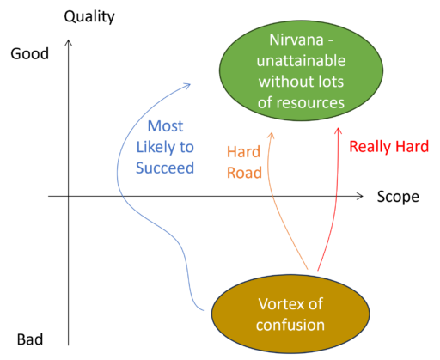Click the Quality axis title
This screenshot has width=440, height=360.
coord(89,17)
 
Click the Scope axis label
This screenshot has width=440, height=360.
coord(398,197)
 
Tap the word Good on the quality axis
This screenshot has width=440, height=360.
coord(29,53)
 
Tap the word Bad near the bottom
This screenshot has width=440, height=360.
coord(30,339)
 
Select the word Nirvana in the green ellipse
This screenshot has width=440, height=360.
coord(296,40)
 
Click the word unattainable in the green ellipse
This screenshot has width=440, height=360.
coord(301,61)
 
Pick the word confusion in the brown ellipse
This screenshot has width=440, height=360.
coord(290,325)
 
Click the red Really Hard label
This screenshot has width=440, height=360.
coord(388,146)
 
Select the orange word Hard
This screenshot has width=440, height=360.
coord(243,152)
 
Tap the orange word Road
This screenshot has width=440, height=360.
coord(244,173)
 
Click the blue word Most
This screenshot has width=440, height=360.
coord(165,126)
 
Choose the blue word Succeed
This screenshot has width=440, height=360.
coord(165,168)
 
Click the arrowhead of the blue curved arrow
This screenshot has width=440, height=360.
coord(187,86)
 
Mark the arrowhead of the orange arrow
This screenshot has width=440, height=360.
coord(271,135)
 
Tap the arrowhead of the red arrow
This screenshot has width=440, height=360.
coord(339,130)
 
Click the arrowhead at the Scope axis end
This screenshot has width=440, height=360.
coord(360,196)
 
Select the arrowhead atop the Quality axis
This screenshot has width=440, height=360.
coord(68,43)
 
